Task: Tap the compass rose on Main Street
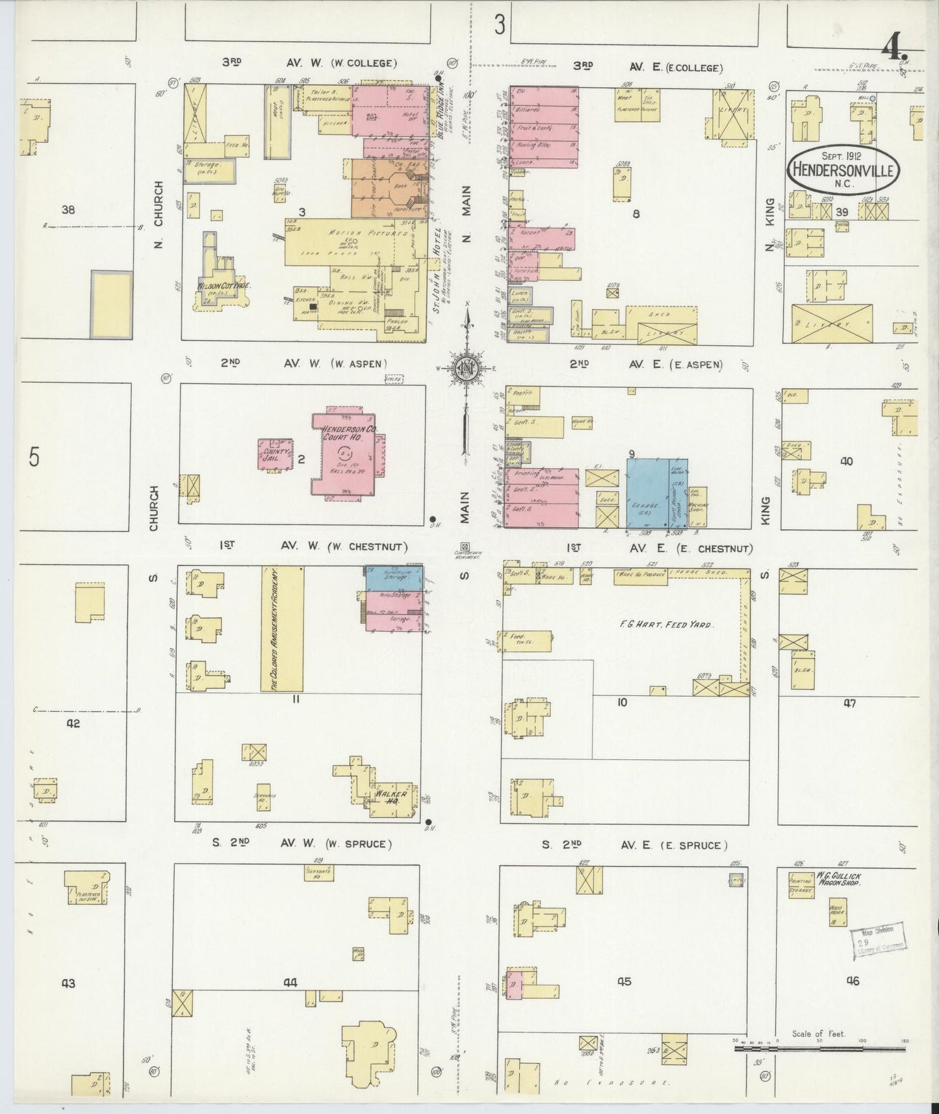[467, 366]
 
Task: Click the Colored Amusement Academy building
[282, 628]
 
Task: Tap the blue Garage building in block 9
[648, 494]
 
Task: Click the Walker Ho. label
[391, 797]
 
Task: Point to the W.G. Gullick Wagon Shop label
[839, 881]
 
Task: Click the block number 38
[68, 210]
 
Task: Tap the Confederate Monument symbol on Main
[465, 547]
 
